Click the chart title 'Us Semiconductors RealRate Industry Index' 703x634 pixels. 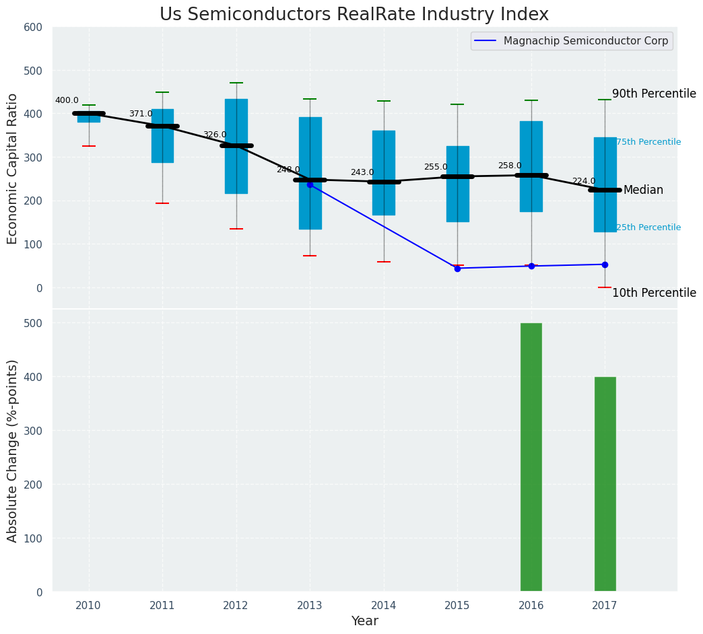pos(354,15)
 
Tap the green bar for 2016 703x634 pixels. pos(531,457)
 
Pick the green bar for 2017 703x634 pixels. pos(605,484)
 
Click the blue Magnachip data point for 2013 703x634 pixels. pos(310,184)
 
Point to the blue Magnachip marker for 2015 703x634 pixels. pos(457,269)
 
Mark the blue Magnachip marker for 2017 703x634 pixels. pos(605,265)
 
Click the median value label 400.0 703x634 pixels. pos(67,100)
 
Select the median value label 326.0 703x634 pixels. pos(215,135)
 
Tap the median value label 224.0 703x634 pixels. pos(584,181)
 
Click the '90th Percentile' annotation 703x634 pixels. pos(654,94)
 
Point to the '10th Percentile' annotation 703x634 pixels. pos(654,293)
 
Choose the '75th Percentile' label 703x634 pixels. pos(648,142)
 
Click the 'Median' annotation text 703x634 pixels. pos(643,190)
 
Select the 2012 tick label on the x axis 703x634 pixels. pos(236,605)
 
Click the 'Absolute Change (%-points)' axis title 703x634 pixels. pos(13,450)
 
